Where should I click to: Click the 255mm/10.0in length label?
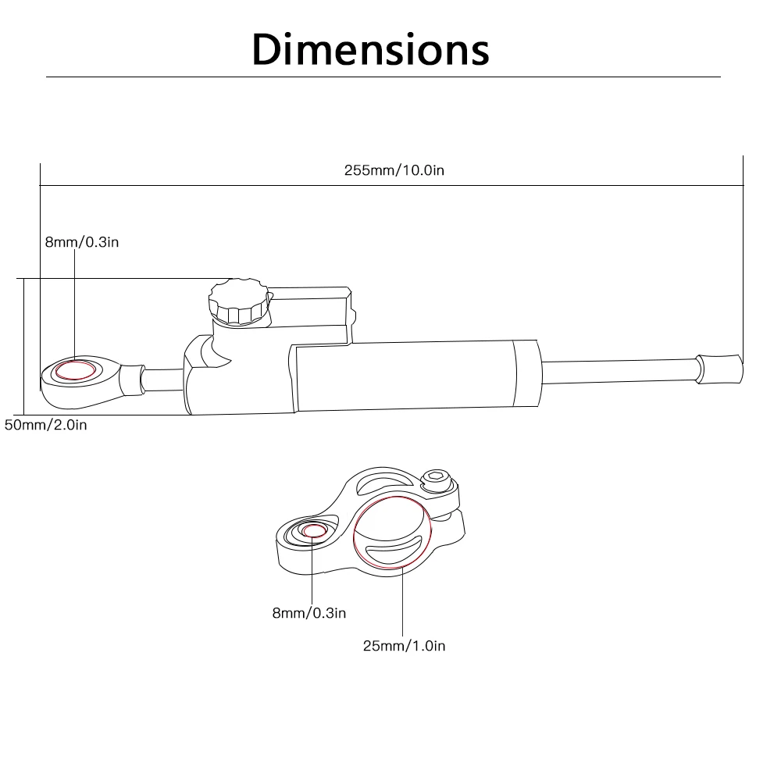coord(394,170)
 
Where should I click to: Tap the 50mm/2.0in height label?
coord(46,425)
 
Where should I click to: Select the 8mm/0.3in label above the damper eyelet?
coord(82,242)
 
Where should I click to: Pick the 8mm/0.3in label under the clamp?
coord(308,613)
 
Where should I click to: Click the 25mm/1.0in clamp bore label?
coord(404,645)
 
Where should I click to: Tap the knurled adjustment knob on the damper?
coord(238,301)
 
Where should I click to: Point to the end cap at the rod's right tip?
coord(719,368)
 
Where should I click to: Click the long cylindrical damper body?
coord(406,375)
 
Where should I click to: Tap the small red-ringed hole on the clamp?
coord(315,531)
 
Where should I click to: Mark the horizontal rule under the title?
coord(383,77)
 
